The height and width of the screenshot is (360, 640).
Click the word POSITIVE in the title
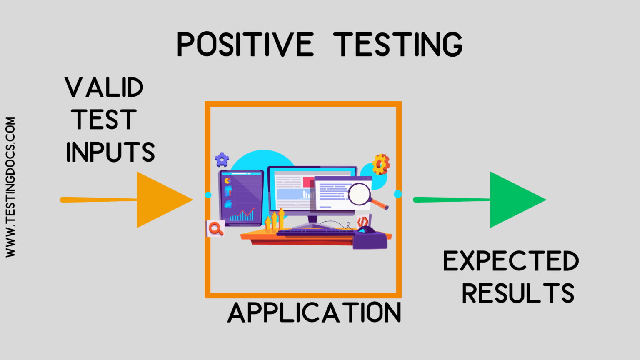245,45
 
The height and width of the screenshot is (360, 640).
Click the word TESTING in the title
398,45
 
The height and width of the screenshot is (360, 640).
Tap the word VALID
104,88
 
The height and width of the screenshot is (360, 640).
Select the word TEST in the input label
104,120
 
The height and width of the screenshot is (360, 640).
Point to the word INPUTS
110,152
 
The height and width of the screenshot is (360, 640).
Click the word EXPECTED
511,261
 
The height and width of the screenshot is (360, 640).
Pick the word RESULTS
518,293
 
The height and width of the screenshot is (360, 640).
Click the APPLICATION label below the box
315,313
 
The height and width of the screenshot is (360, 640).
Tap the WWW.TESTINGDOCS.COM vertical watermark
10,187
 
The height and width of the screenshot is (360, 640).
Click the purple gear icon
222,159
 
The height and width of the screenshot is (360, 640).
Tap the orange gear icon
380,164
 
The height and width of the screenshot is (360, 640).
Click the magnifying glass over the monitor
361,194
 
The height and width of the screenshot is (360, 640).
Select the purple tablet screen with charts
241,198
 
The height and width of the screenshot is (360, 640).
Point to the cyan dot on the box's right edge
397,194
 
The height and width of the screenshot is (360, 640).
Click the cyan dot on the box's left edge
208,195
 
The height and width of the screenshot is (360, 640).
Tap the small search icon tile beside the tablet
215,228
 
